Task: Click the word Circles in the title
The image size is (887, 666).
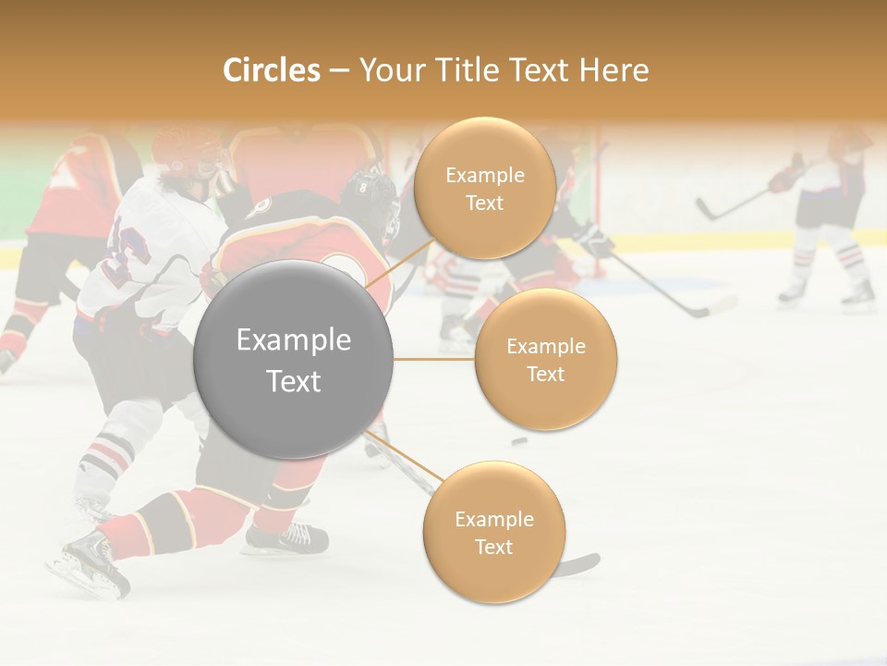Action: pos(271,70)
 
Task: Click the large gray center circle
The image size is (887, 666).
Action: pos(293,359)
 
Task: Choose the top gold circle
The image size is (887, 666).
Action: pos(484,188)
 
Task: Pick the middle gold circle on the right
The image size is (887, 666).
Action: pos(545,359)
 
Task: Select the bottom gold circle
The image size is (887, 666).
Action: pos(493,532)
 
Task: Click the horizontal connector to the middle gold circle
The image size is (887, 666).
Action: pos(434,359)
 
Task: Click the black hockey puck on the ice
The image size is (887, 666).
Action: pos(520,441)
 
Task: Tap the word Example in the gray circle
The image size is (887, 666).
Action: pos(293,340)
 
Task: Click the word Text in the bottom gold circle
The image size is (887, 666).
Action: pos(493,547)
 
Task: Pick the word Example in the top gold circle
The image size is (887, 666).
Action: pos(484,175)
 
